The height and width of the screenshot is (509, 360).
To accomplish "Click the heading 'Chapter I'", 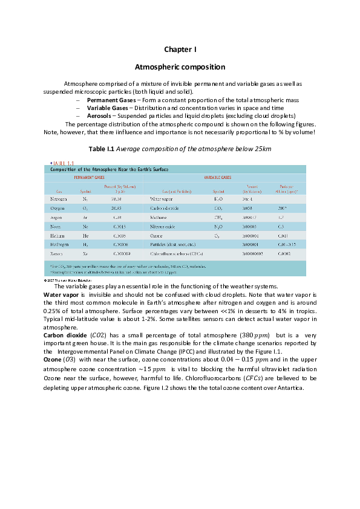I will (180, 49).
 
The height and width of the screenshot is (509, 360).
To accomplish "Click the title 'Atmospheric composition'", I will (180, 67).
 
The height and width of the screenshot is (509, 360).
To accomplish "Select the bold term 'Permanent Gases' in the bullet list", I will (111, 99).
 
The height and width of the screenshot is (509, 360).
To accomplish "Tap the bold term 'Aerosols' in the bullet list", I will (100, 115).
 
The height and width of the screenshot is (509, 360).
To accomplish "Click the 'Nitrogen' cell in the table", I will (58, 198).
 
